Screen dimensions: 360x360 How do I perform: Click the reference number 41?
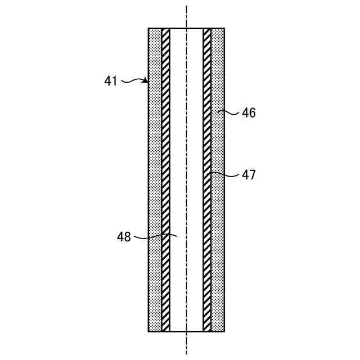[111, 81]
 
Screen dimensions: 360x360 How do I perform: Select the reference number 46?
[249, 113]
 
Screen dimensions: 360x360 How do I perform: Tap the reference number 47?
[249, 175]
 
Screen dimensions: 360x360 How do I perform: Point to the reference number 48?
[124, 237]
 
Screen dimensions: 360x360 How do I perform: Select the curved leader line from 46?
[228, 112]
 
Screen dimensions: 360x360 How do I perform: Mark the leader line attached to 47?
[225, 174]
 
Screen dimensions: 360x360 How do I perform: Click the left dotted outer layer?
[155, 180]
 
